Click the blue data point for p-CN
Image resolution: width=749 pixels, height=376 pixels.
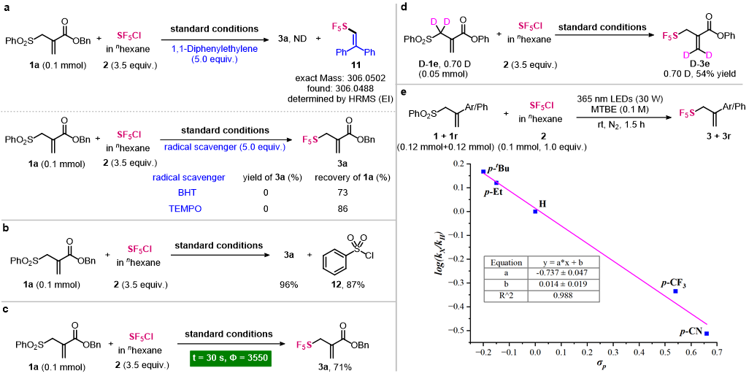707,333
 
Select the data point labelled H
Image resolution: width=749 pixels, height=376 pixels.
535,211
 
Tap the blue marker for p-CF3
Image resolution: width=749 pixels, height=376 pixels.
676,291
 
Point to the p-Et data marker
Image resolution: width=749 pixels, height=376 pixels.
496,183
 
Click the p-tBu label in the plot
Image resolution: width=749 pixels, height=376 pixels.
499,169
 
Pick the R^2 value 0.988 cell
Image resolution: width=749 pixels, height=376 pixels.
563,296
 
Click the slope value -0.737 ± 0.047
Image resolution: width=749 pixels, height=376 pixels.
563,273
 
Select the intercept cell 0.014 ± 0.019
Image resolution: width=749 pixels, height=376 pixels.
563,285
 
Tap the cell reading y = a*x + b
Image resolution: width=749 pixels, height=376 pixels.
563,262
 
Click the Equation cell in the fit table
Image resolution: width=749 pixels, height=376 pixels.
506,262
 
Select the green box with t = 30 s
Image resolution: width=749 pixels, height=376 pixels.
230,358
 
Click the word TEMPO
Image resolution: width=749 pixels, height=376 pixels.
185,209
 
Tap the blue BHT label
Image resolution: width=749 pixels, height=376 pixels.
187,193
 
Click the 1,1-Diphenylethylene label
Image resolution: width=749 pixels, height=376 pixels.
215,49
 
